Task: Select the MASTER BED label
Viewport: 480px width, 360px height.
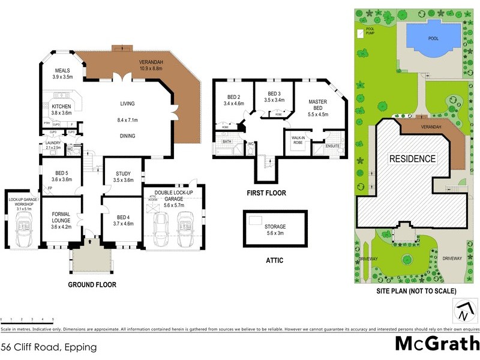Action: click(318, 107)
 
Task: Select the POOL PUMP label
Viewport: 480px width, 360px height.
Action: click(365, 29)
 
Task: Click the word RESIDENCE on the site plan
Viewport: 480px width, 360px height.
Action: click(412, 159)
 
